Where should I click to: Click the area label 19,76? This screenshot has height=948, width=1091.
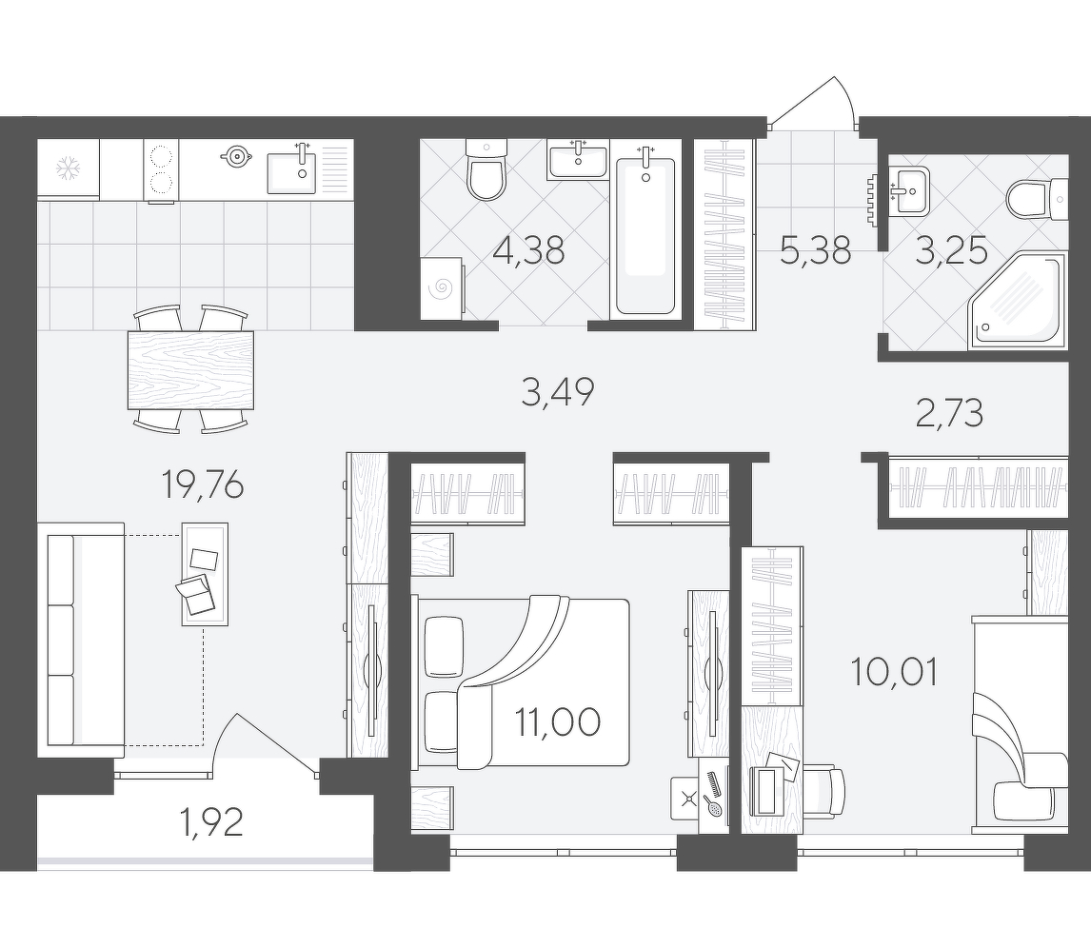pyautogui.click(x=203, y=484)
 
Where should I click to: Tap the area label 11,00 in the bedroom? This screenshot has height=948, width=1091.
pyautogui.click(x=557, y=722)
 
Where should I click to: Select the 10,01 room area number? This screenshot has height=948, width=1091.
pyautogui.click(x=894, y=672)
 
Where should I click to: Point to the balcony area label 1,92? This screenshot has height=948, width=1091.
pyautogui.click(x=210, y=822)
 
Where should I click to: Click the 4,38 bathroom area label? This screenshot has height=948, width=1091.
pyautogui.click(x=528, y=250)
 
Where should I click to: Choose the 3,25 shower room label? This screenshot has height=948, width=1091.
pyautogui.click(x=951, y=251)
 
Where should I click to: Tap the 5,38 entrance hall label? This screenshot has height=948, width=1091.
pyautogui.click(x=815, y=250)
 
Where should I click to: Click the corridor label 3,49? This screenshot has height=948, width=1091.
pyautogui.click(x=557, y=391)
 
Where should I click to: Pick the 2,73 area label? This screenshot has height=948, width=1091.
pyautogui.click(x=949, y=414)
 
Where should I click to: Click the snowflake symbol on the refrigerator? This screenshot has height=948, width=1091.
pyautogui.click(x=68, y=168)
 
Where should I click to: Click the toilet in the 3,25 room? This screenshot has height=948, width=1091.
pyautogui.click(x=1038, y=198)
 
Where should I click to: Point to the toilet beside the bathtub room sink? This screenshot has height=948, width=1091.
pyautogui.click(x=486, y=169)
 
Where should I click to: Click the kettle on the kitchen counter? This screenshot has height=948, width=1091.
pyautogui.click(x=236, y=156)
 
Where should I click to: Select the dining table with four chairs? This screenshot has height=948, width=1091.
pyautogui.click(x=190, y=369)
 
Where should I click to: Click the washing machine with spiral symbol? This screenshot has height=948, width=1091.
pyautogui.click(x=442, y=288)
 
